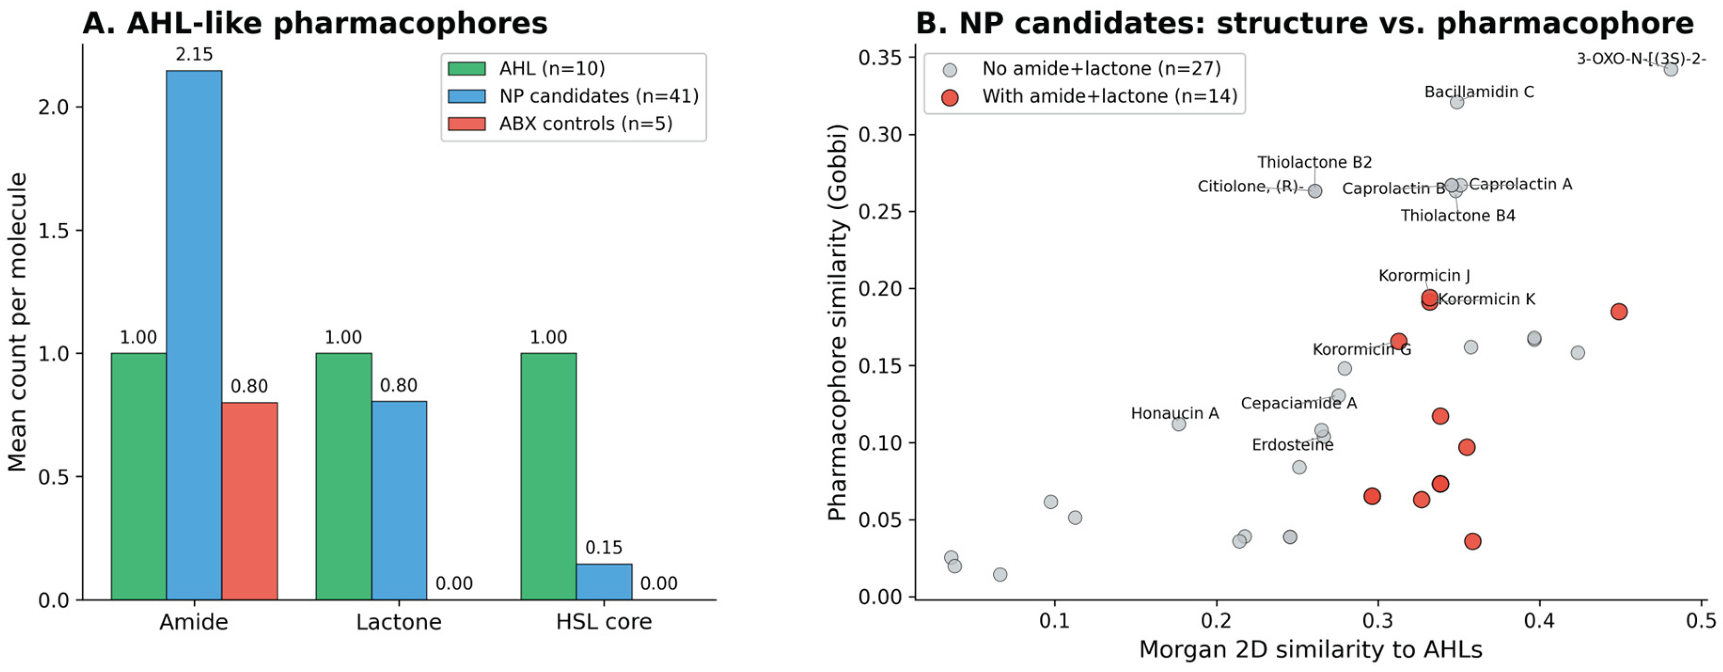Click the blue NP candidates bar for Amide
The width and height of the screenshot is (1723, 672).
194,335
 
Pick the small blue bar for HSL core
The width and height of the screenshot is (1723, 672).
604,581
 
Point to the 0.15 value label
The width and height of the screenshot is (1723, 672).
603,548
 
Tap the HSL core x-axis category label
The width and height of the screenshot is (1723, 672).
603,622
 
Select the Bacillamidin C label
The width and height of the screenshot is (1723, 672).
1479,91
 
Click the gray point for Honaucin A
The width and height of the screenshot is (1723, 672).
1179,423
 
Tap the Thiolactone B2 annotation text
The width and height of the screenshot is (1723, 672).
1314,162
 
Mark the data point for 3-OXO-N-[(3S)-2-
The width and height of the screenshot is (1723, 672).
1670,69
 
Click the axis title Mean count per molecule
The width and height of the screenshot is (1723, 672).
18,322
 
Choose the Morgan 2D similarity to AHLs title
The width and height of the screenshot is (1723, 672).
1310,649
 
